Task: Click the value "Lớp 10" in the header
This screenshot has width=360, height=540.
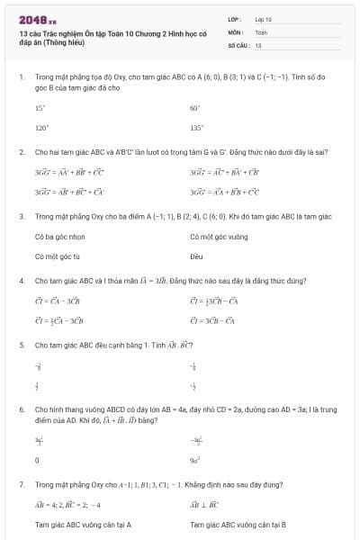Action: pyautogui.click(x=263, y=18)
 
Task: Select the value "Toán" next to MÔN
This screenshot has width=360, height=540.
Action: pyautogui.click(x=261, y=31)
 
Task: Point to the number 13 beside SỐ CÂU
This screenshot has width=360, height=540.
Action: pyautogui.click(x=258, y=44)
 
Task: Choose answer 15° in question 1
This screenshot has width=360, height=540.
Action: pyautogui.click(x=40, y=107)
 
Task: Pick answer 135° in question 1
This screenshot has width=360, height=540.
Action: pyautogui.click(x=196, y=128)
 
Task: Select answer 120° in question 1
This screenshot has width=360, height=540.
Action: pyautogui.click(x=40, y=128)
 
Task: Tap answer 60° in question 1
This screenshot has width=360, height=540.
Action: pyautogui.click(x=194, y=107)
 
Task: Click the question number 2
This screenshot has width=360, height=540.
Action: pyautogui.click(x=22, y=152)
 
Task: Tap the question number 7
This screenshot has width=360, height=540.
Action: pyautogui.click(x=22, y=483)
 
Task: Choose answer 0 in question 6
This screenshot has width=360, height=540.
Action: pyautogui.click(x=37, y=459)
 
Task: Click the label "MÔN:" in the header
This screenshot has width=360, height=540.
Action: pyautogui.click(x=236, y=31)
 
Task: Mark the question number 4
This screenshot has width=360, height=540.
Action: pyautogui.click(x=22, y=281)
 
